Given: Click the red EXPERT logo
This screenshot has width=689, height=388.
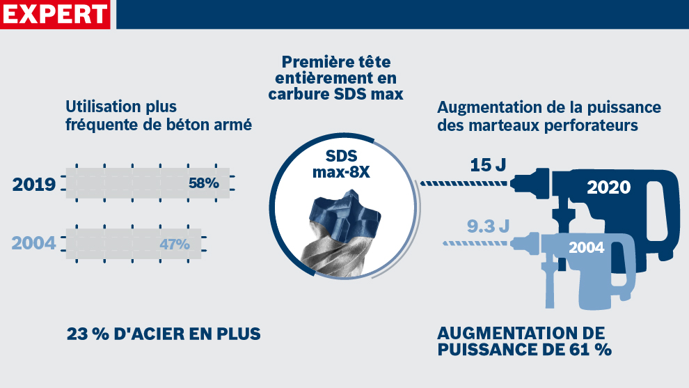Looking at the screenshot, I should tap(56, 14).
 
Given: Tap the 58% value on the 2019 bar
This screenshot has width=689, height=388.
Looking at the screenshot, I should tap(204, 184).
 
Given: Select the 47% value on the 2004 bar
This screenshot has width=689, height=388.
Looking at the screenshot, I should tap(175, 245).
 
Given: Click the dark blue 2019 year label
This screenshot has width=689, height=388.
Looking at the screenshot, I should tap(34, 185).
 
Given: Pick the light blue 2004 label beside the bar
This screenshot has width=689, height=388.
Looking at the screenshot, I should tap(34, 245).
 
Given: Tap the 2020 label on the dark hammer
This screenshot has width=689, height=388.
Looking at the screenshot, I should tap(608, 187).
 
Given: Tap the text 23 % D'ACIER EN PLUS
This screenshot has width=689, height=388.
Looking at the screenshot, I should tap(164, 334).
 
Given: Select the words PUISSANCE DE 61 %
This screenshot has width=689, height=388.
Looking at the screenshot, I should tap(525, 349).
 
